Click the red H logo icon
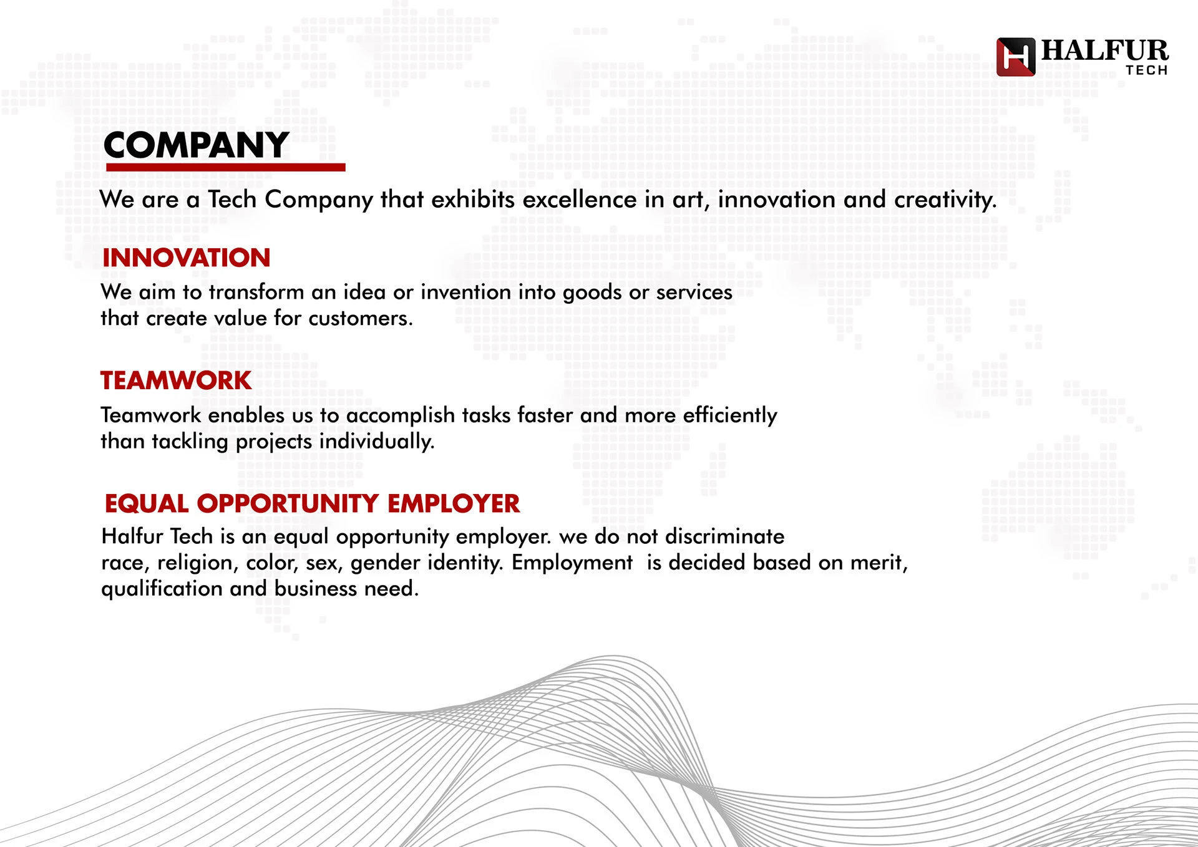click(x=1015, y=57)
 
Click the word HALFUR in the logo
click(x=1104, y=51)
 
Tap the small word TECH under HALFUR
click(x=1147, y=70)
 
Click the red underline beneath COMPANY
click(x=226, y=167)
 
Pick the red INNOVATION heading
click(x=186, y=258)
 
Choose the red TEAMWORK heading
click(x=176, y=380)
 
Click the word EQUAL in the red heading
click(x=147, y=504)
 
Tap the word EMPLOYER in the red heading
click(x=454, y=503)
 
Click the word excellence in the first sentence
click(x=580, y=200)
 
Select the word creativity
click(x=945, y=200)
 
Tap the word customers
click(x=361, y=318)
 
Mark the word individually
click(x=377, y=442)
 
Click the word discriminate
click(x=724, y=536)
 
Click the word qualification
click(x=162, y=589)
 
